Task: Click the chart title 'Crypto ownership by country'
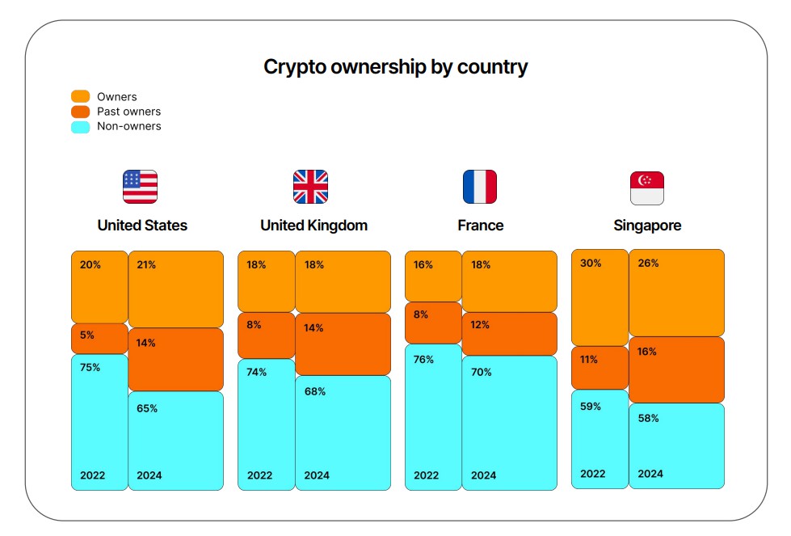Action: click(395, 67)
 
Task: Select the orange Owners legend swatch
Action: click(81, 97)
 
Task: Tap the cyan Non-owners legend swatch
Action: click(81, 126)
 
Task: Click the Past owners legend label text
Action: click(128, 112)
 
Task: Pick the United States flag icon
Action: click(140, 187)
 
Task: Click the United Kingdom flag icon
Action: click(310, 187)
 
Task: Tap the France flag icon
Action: click(480, 187)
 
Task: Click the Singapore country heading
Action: click(647, 226)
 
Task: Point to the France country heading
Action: click(480, 226)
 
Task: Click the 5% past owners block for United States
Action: click(99, 339)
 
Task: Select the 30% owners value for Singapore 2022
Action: click(591, 263)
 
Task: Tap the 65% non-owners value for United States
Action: click(147, 408)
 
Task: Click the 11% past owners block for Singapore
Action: click(600, 368)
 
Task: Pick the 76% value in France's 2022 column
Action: click(423, 359)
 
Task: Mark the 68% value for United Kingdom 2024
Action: click(315, 391)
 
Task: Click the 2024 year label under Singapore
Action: click(650, 474)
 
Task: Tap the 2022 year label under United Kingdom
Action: click(259, 475)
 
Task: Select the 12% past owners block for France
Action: click(509, 334)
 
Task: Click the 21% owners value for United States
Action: click(146, 264)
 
